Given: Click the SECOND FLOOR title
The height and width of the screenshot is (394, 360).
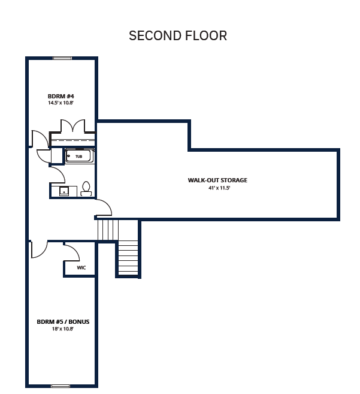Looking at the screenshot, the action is [x=178, y=35].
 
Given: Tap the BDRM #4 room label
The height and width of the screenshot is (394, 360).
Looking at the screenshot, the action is [x=60, y=96].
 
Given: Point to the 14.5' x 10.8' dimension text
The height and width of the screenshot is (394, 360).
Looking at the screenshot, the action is [x=60, y=103].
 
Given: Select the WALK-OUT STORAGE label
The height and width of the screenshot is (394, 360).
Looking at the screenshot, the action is [x=217, y=180].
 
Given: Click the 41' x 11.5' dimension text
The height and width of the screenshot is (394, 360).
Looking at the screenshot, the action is [x=219, y=188].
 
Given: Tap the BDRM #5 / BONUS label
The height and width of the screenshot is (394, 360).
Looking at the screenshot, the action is [x=63, y=321].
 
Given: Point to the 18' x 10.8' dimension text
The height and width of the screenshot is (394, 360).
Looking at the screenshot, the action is [x=62, y=329].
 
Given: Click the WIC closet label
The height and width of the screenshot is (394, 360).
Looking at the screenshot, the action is [x=81, y=267].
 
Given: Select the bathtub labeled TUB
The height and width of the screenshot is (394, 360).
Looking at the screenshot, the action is [x=79, y=156].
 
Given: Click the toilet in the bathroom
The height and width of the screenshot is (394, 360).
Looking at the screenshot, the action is [x=86, y=189].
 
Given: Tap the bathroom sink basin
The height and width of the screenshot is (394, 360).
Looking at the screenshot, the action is [x=64, y=191].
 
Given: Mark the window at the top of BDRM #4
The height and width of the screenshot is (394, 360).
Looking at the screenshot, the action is [x=62, y=58].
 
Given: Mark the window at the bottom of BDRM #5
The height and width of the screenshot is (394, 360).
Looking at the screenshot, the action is [x=60, y=386].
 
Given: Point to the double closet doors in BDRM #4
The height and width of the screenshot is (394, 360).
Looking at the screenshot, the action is [x=73, y=126].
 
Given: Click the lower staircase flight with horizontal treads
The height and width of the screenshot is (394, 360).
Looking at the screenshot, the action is [x=128, y=258].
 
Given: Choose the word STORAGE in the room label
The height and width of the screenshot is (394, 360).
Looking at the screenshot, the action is [x=234, y=180].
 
